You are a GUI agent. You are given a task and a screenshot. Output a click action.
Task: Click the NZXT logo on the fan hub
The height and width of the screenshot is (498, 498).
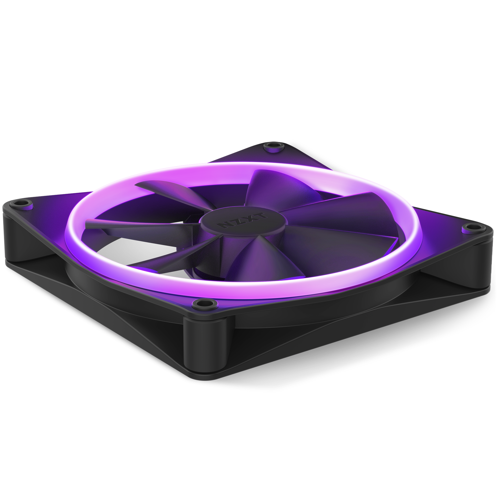(x=243, y=220)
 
